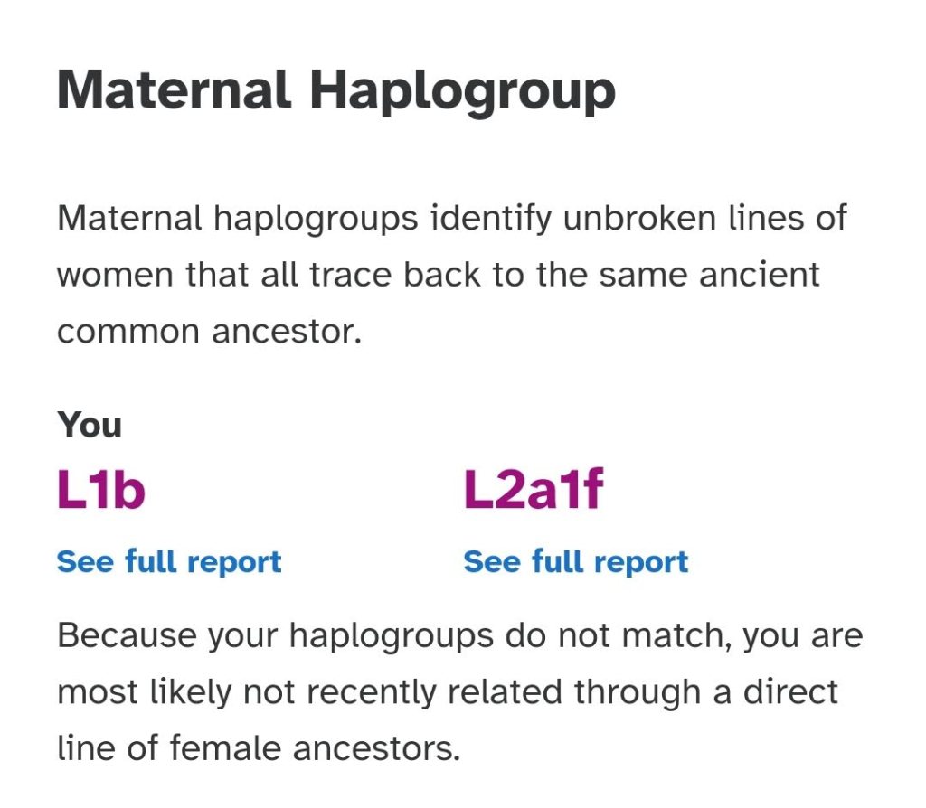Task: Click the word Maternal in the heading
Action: pyautogui.click(x=175, y=89)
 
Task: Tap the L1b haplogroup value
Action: pyautogui.click(x=101, y=489)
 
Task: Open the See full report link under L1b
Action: pyautogui.click(x=169, y=562)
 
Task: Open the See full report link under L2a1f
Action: pyautogui.click(x=576, y=562)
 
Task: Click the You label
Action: pyautogui.click(x=90, y=425)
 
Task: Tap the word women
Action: pyautogui.click(x=115, y=275)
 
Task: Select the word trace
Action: pyautogui.click(x=351, y=275)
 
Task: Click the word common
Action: pyautogui.click(x=128, y=332)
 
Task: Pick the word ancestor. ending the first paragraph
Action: pyautogui.click(x=287, y=332)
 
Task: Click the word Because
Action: pyautogui.click(x=127, y=636)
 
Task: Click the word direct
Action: pyautogui.click(x=790, y=691)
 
